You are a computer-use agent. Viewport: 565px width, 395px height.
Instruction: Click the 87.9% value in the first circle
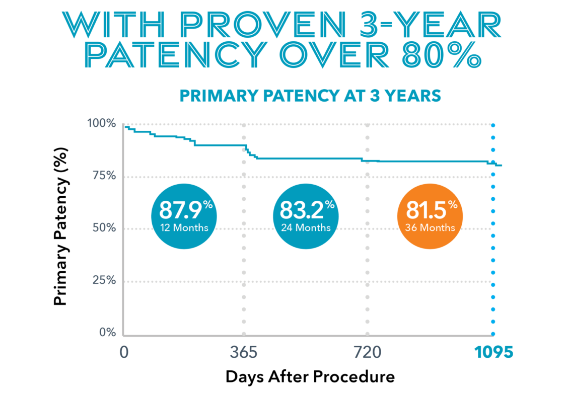[x=180, y=209]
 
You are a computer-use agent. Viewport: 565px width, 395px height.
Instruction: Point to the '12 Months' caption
[x=184, y=227]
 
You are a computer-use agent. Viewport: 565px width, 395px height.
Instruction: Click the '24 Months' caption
[x=306, y=227]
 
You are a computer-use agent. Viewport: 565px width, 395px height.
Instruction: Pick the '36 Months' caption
[x=430, y=227]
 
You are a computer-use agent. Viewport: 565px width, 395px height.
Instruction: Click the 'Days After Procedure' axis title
[x=310, y=376]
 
